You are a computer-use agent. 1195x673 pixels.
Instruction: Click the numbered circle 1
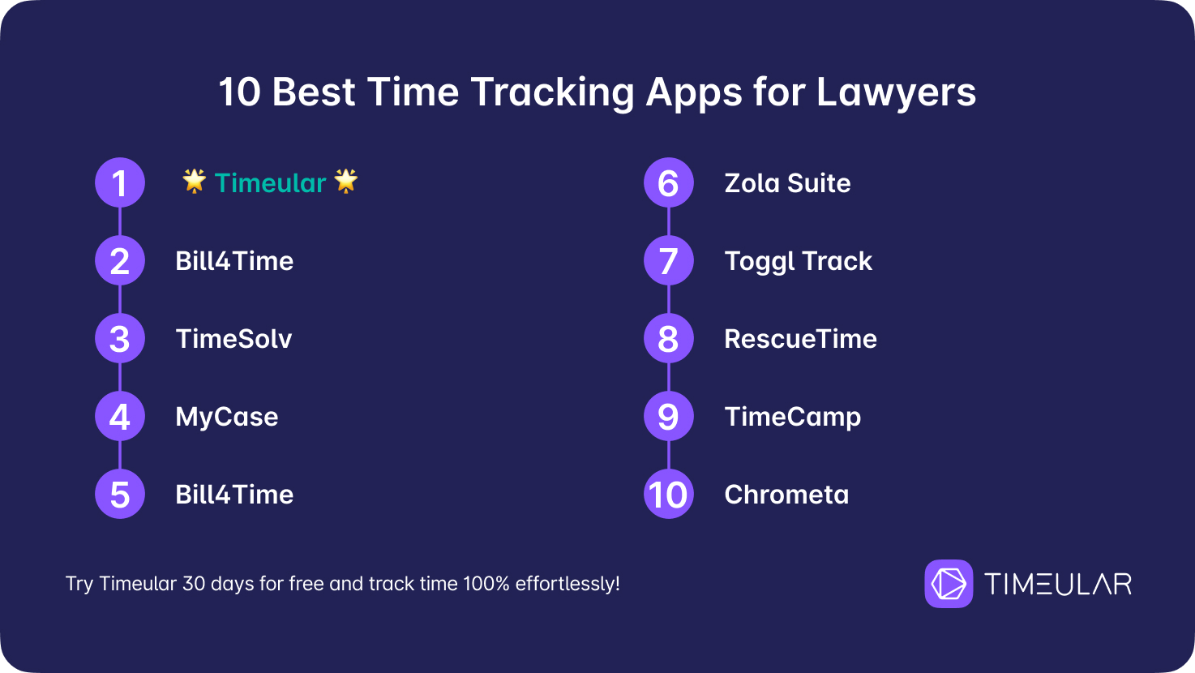(120, 182)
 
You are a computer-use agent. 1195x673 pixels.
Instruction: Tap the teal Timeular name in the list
(270, 183)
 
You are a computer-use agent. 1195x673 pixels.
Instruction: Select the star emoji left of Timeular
(195, 181)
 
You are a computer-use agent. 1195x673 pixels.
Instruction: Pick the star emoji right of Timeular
(346, 181)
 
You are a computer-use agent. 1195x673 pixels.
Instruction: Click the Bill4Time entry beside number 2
(234, 261)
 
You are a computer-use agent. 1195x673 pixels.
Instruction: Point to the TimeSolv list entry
(233, 339)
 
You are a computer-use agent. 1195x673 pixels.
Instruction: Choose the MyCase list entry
(227, 418)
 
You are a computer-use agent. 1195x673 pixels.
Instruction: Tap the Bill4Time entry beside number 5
(234, 495)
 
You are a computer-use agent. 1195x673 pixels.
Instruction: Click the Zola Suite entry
(787, 183)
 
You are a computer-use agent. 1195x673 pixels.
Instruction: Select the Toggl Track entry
(798, 262)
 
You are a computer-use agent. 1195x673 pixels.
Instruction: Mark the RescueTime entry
(800, 339)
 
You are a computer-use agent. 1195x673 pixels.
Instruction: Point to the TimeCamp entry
(793, 418)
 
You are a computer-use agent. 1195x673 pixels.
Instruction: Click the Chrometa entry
(786, 495)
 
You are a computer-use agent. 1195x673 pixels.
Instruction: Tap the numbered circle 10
(669, 495)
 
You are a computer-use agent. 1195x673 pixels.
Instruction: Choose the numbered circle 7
(669, 260)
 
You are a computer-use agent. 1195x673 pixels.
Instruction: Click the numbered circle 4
(120, 416)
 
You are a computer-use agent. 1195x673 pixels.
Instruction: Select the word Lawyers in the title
(896, 93)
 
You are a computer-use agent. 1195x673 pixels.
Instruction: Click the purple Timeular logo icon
(949, 583)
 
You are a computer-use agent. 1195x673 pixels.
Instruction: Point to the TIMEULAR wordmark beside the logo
(1058, 584)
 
